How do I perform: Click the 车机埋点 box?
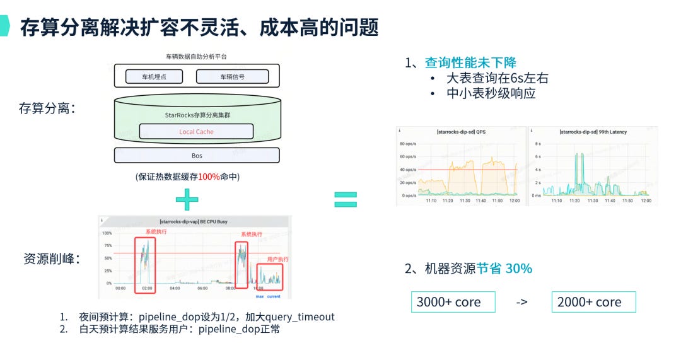pyautogui.click(x=154, y=77)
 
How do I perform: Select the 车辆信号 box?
pyautogui.click(x=232, y=77)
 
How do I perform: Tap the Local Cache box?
pyautogui.click(x=196, y=132)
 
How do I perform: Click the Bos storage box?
pyautogui.click(x=197, y=155)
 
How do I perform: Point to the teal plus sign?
pyautogui.click(x=187, y=200)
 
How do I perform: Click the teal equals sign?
pyautogui.click(x=345, y=200)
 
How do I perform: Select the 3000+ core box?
pyautogui.click(x=453, y=302)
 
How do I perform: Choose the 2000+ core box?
pyautogui.click(x=593, y=302)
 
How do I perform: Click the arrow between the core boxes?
pyautogui.click(x=521, y=302)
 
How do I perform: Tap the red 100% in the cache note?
pyautogui.click(x=209, y=177)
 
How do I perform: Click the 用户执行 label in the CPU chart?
pyautogui.click(x=277, y=259)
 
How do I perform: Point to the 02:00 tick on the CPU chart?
pyautogui.click(x=148, y=288)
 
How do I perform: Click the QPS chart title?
pyautogui.click(x=461, y=131)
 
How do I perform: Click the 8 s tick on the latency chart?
pyautogui.click(x=537, y=144)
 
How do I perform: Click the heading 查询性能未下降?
pyautogui.click(x=470, y=62)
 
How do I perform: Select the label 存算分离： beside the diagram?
pyautogui.click(x=47, y=108)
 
